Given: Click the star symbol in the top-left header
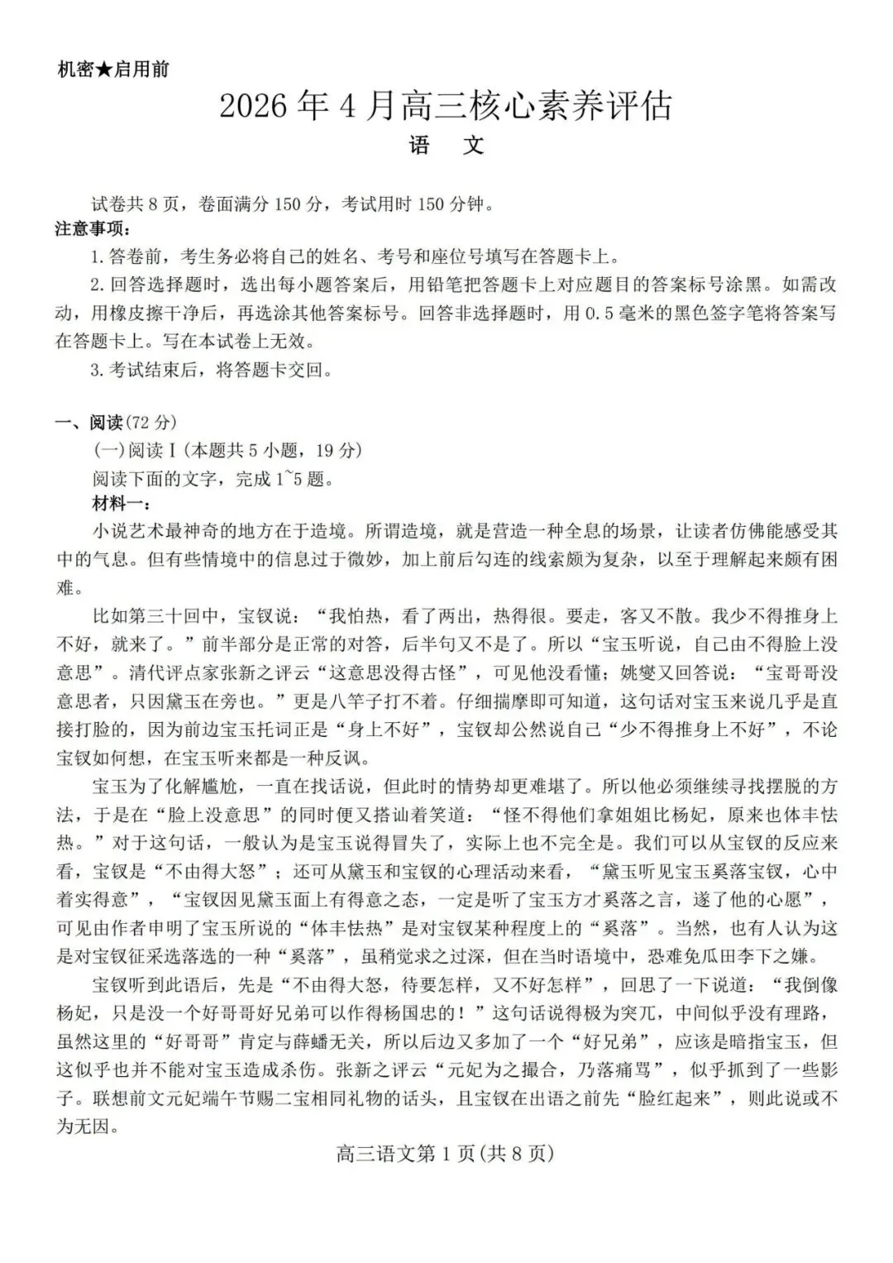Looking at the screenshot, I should tap(103, 69).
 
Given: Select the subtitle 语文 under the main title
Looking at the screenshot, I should tap(446, 146).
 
